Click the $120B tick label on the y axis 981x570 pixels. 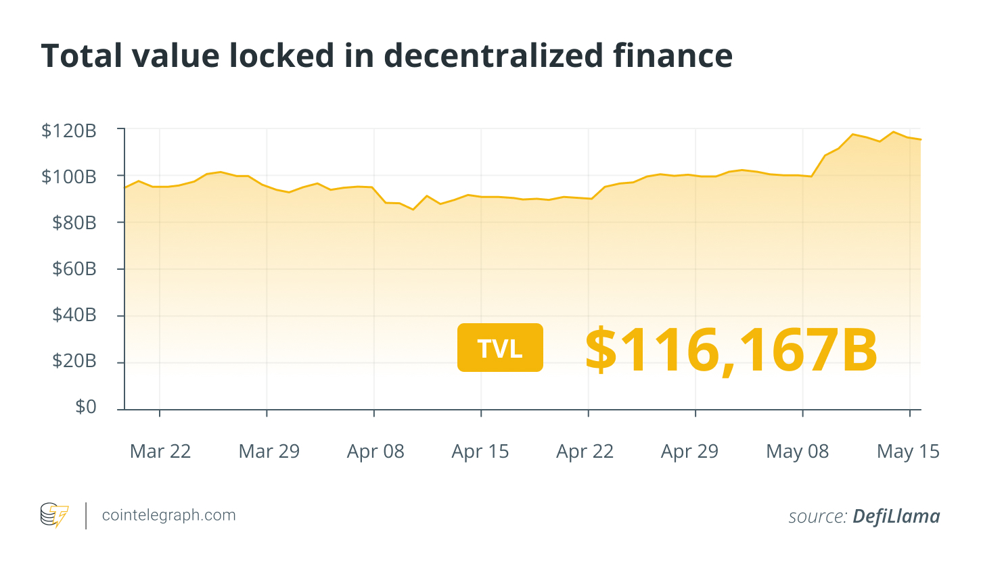click(69, 130)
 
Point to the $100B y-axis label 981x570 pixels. click(69, 176)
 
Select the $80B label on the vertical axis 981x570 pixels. click(74, 222)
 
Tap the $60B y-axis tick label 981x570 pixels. click(74, 268)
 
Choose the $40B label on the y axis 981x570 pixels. click(74, 314)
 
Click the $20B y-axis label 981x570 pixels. click(74, 360)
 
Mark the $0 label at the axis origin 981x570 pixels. click(86, 406)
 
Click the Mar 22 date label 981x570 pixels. click(160, 451)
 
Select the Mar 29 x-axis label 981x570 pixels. click(269, 451)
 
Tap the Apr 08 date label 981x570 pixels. click(375, 451)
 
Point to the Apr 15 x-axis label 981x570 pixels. click(480, 451)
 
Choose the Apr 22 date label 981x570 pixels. click(585, 451)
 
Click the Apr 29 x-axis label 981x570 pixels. click(689, 451)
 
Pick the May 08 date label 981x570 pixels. click(798, 451)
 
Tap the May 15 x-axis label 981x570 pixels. click(908, 451)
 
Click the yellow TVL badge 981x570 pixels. click(500, 348)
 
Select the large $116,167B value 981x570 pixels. click(731, 350)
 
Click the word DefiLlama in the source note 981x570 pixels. click(896, 517)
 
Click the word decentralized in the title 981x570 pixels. click(494, 55)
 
